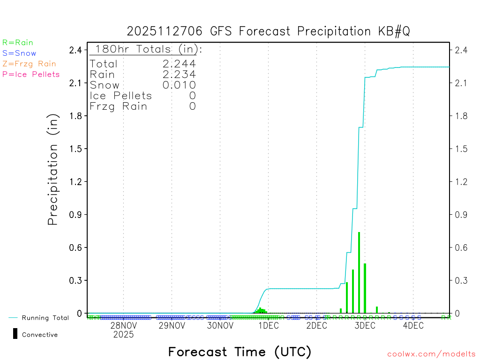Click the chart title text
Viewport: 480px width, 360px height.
[269, 31]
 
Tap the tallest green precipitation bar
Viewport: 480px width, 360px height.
[359, 272]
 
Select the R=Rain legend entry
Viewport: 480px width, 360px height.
[18, 43]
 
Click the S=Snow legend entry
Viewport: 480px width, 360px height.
[19, 53]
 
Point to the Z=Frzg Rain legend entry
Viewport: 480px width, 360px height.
[29, 64]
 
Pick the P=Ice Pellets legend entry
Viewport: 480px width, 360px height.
[31, 74]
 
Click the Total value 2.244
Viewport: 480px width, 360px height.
[179, 64]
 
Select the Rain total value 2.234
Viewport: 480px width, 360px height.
[179, 74]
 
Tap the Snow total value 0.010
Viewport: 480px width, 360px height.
[179, 85]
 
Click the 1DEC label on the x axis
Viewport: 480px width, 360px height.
[268, 326]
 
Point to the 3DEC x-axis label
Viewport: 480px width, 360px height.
[365, 326]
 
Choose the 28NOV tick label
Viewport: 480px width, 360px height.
[124, 326]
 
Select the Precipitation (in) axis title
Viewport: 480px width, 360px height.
[53, 170]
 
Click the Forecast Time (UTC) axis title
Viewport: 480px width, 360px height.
[240, 352]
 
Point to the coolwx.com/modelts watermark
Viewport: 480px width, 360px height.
[431, 354]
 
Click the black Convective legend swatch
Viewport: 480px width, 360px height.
[15, 334]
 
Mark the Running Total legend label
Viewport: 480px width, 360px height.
[45, 318]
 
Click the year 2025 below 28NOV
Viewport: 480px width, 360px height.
[124, 335]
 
